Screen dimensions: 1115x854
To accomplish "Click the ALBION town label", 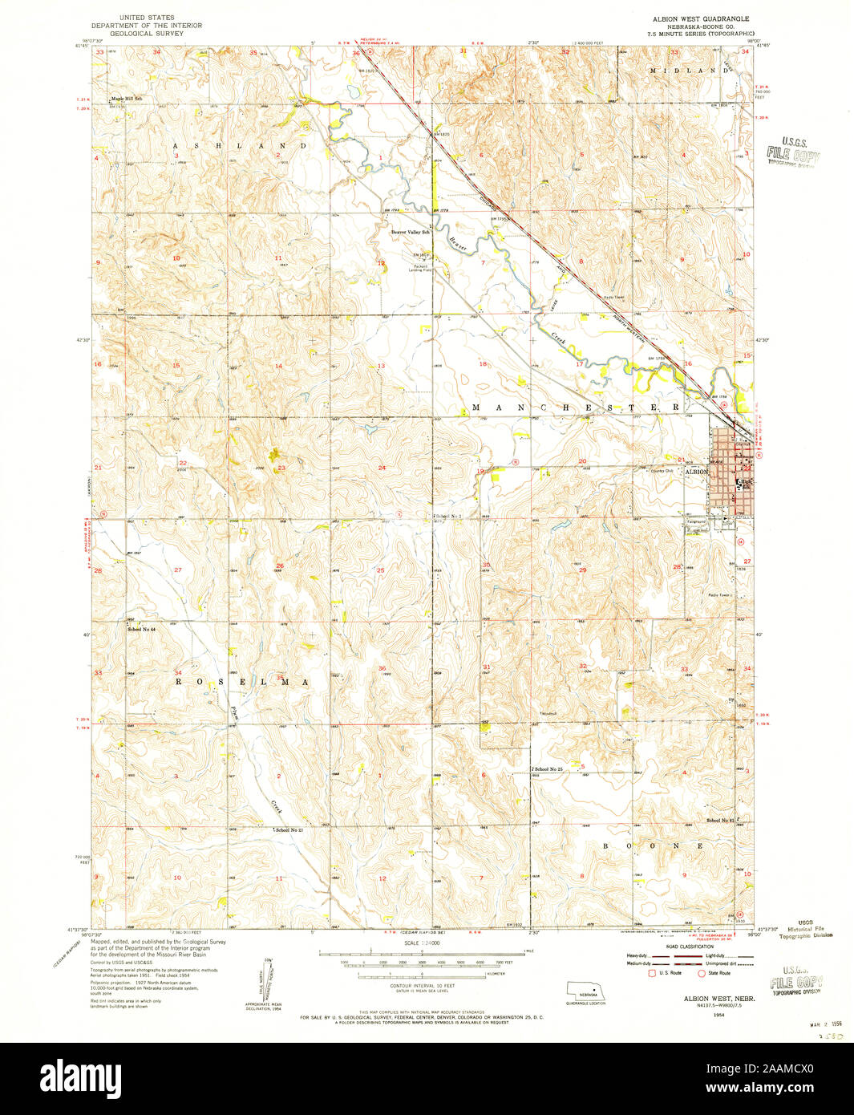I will pos(695,472).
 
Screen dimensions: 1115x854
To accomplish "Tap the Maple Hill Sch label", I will pos(126,99).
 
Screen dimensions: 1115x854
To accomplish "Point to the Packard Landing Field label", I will pos(421,268).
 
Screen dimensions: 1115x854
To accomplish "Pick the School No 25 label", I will pos(550,769).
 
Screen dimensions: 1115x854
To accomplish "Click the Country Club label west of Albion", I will pos(662,471).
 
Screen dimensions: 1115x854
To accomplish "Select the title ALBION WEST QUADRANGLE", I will pos(694,17).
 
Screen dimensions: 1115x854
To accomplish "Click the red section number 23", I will pos(281,467).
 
